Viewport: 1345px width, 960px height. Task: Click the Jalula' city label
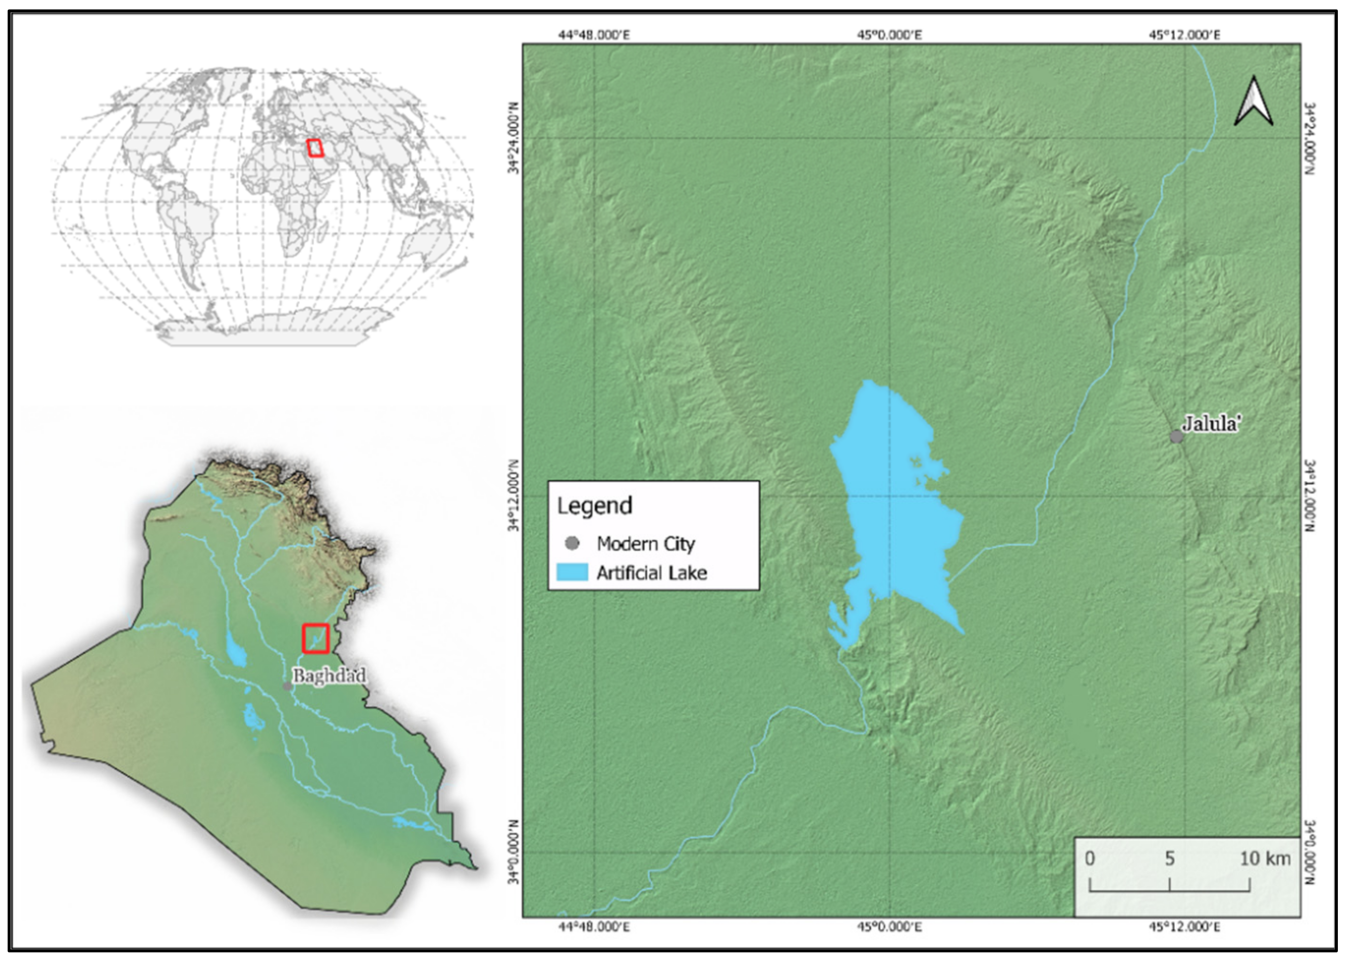[x=1209, y=424]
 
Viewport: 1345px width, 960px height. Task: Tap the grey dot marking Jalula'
[x=1176, y=437]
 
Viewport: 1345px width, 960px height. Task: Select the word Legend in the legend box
[x=595, y=506]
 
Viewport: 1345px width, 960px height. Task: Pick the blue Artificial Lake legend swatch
[x=572, y=572]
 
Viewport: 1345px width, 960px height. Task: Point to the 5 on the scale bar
[x=1169, y=858]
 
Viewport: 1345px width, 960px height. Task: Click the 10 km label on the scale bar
[x=1265, y=858]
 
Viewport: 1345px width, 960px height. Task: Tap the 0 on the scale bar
[x=1090, y=858]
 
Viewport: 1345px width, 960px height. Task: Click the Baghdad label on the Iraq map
[x=329, y=676]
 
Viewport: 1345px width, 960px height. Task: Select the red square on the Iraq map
[x=316, y=638]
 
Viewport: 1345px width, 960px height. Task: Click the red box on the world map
[x=316, y=148]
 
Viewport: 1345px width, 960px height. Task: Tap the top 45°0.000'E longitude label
[x=890, y=36]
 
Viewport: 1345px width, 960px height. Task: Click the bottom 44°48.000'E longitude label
[x=594, y=927]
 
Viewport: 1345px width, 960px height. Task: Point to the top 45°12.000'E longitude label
[x=1184, y=36]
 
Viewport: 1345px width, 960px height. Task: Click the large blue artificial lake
[x=898, y=514]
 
